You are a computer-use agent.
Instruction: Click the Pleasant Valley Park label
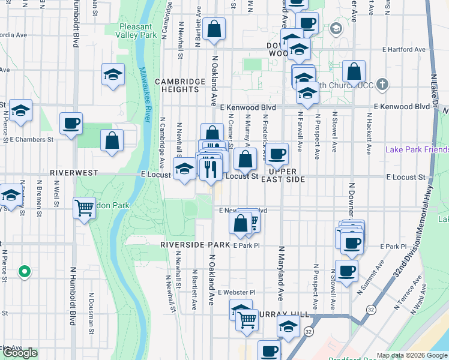pyautogui.click(x=139, y=31)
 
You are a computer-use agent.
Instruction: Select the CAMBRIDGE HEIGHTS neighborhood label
pyautogui.click(x=176, y=85)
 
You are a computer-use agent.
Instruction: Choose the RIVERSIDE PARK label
pyautogui.click(x=196, y=245)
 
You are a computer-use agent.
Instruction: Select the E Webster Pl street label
pyautogui.click(x=237, y=292)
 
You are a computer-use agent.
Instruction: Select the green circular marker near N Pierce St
pyautogui.click(x=24, y=272)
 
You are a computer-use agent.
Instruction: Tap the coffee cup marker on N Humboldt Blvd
pyautogui.click(x=71, y=124)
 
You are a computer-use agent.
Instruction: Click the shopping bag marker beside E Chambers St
pyautogui.click(x=112, y=142)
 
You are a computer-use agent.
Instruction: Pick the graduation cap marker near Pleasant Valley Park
pyautogui.click(x=113, y=75)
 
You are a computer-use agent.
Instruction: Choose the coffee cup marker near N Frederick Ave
pyautogui.click(x=277, y=154)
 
